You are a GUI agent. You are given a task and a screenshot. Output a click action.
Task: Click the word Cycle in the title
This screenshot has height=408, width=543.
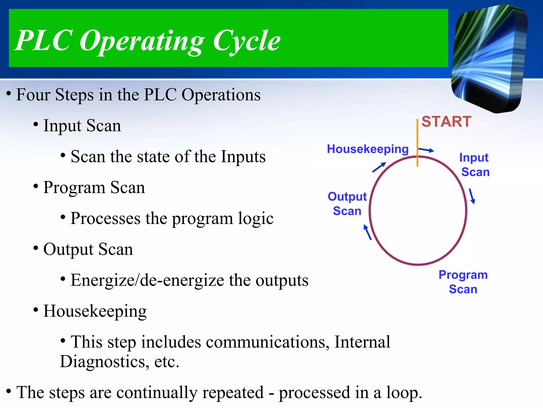pyautogui.click(x=247, y=41)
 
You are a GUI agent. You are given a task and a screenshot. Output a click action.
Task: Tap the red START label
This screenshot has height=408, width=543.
pyautogui.click(x=446, y=122)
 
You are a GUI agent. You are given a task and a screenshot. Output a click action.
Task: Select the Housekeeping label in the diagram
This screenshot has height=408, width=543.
pyautogui.click(x=367, y=149)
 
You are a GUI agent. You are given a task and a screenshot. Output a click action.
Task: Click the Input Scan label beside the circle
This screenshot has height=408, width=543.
pyautogui.click(x=475, y=165)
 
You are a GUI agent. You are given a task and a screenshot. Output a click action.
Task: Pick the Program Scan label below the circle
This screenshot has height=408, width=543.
pyautogui.click(x=463, y=282)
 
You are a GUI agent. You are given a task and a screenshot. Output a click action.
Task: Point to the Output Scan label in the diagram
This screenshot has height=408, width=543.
pyautogui.click(x=347, y=204)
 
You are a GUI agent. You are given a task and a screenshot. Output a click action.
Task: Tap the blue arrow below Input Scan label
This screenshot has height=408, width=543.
pyautogui.click(x=472, y=196)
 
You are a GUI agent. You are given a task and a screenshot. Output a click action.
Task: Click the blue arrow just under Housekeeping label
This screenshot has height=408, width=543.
pyautogui.click(x=379, y=167)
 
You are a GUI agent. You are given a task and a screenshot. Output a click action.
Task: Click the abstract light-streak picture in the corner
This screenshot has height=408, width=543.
pyautogui.click(x=489, y=58)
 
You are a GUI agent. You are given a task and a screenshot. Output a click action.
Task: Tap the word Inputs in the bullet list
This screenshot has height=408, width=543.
pyautogui.click(x=243, y=156)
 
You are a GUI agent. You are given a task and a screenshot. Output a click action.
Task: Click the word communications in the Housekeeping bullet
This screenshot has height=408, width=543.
pyautogui.click(x=268, y=342)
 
